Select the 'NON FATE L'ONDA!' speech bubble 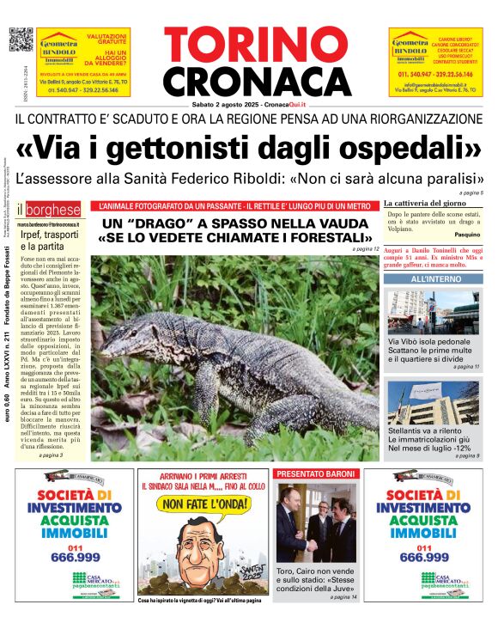203,504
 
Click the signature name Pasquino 468,234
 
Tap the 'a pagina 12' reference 365,249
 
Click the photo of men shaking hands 316,522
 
